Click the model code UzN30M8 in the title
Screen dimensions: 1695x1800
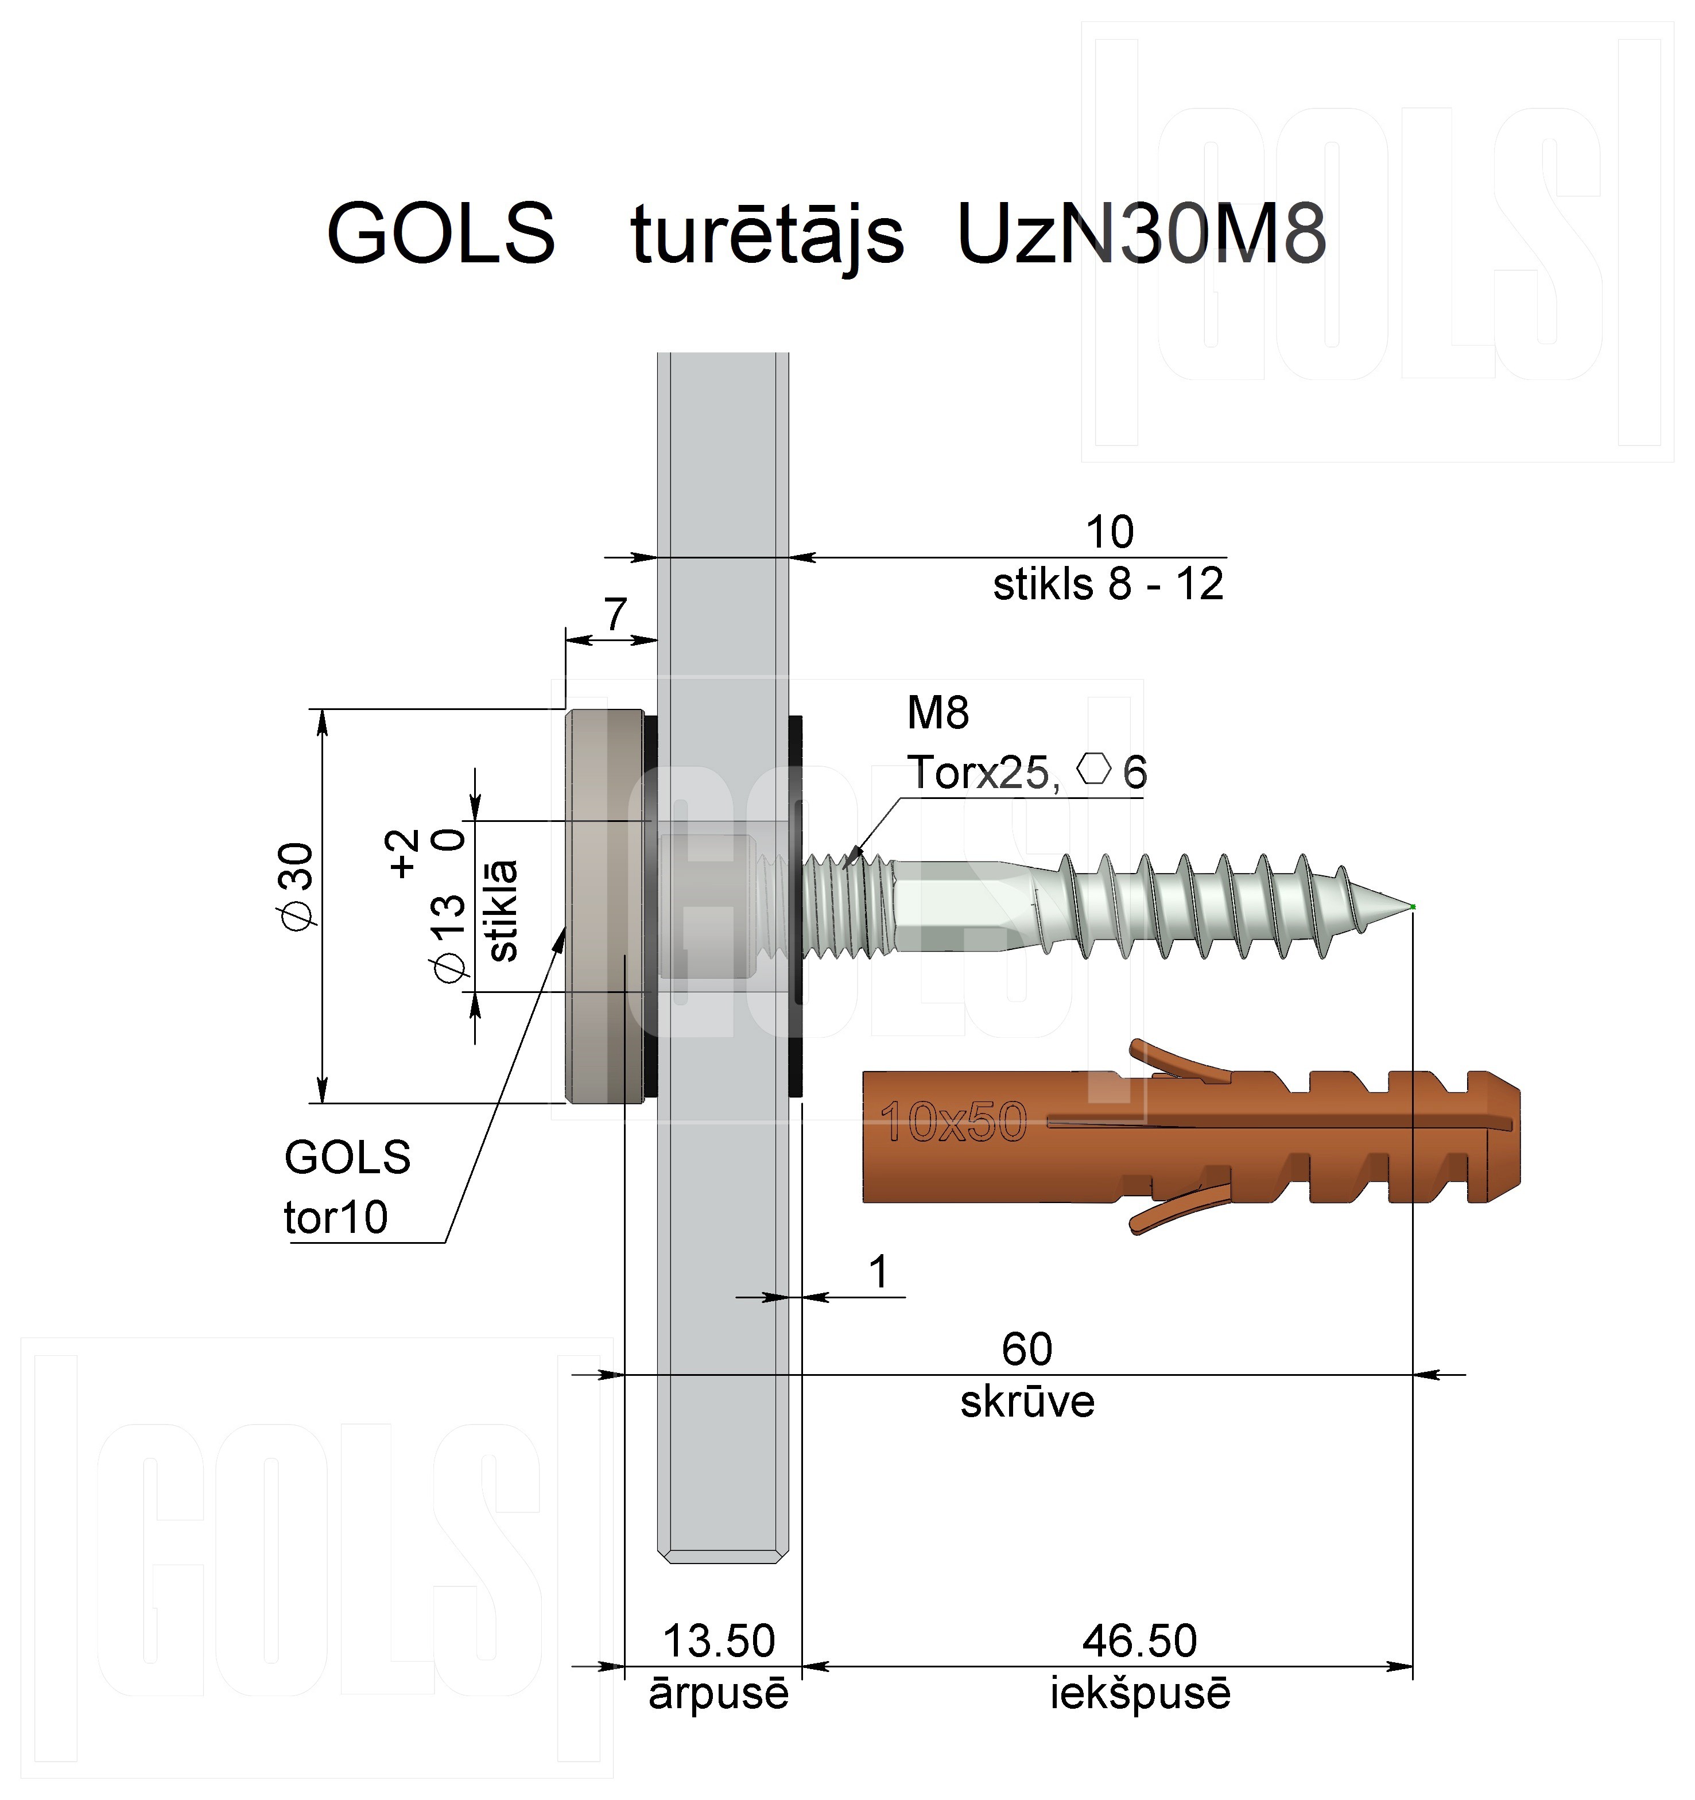[x=1141, y=234]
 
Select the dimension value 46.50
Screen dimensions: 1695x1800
[x=1140, y=1640]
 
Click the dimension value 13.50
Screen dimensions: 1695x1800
[x=719, y=1640]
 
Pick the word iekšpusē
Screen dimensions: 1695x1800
[x=1140, y=1694]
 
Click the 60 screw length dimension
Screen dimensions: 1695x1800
[x=1027, y=1349]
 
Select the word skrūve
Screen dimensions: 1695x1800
[x=1027, y=1402]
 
